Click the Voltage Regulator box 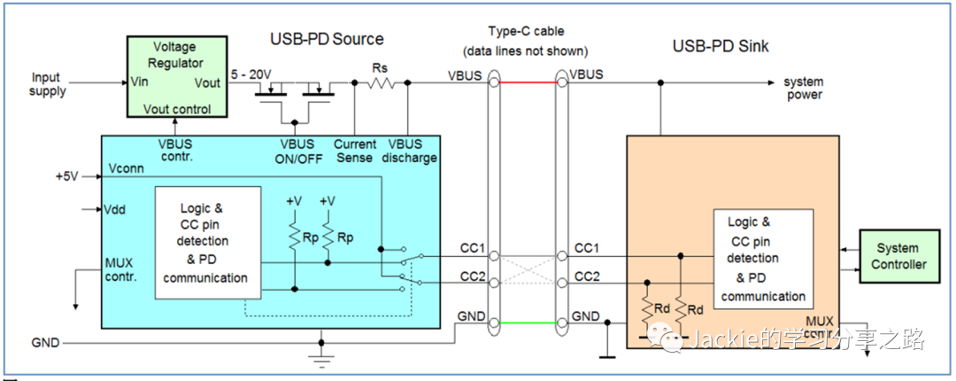174,77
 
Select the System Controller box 897,256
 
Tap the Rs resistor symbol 382,82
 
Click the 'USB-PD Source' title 327,39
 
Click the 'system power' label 803,89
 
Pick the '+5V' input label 67,176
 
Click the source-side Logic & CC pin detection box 207,241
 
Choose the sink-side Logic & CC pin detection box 763,258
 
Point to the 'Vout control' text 177,110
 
